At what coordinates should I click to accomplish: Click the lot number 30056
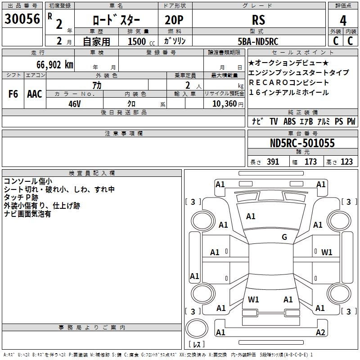click(x=22, y=19)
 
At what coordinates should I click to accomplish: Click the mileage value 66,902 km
click(x=51, y=65)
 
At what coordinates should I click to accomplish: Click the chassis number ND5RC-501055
click(x=302, y=143)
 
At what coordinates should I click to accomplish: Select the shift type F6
click(x=13, y=94)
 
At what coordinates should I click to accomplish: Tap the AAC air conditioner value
click(x=35, y=94)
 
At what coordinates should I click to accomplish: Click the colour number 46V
click(x=75, y=103)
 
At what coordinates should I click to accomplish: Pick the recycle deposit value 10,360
click(x=222, y=103)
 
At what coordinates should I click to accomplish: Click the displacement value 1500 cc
click(x=137, y=41)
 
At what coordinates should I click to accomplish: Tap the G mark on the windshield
click(x=284, y=237)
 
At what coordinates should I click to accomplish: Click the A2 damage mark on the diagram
click(x=320, y=333)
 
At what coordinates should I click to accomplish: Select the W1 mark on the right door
click(x=327, y=252)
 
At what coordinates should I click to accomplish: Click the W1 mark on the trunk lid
click(x=253, y=299)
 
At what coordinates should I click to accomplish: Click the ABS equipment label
click(x=289, y=121)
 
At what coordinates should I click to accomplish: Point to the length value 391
click(x=272, y=162)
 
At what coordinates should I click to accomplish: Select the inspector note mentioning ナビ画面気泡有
click(x=27, y=214)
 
